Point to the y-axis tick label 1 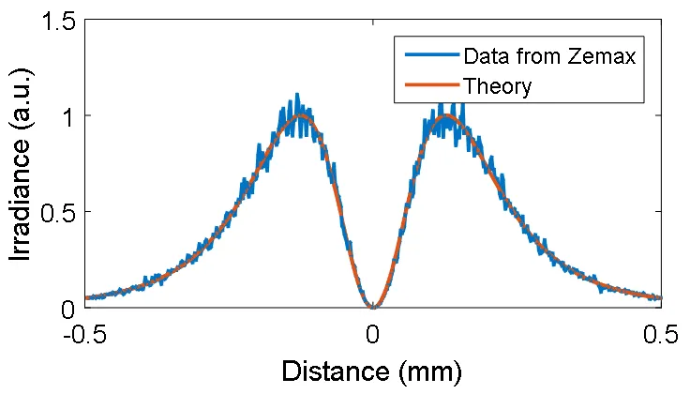[x=68, y=115]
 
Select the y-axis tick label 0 [x=68, y=308]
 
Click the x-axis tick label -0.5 [x=82, y=333]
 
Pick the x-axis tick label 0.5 [x=661, y=333]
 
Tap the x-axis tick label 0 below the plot [x=373, y=333]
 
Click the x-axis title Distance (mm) [x=372, y=371]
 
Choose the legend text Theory [x=498, y=87]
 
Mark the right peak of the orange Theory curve [x=447, y=115]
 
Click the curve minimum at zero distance [x=373, y=307]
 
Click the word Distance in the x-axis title [x=334, y=371]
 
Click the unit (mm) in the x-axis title [x=427, y=371]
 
